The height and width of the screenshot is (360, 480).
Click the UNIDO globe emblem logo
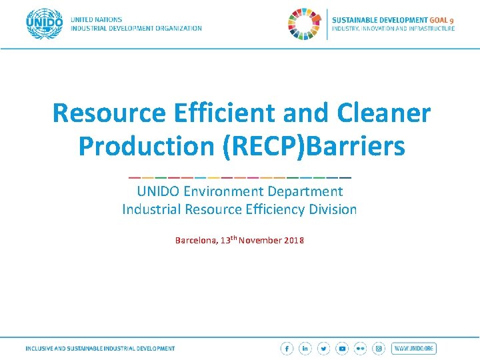pyautogui.click(x=45, y=24)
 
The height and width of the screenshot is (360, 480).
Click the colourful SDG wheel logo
pyautogui.click(x=305, y=24)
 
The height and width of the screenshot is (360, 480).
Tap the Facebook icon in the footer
pyautogui.click(x=287, y=349)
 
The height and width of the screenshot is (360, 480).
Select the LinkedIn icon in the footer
pyautogui.click(x=305, y=349)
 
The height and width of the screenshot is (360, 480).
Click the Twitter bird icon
pyautogui.click(x=324, y=349)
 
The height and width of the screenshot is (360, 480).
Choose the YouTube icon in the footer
pyautogui.click(x=342, y=349)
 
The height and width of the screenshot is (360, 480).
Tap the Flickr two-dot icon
pyautogui.click(x=361, y=349)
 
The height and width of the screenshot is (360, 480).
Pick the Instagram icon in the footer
pyautogui.click(x=379, y=349)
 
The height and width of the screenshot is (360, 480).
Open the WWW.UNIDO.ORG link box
pyautogui.click(x=414, y=349)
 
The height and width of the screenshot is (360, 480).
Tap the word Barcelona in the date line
pyautogui.click(x=195, y=240)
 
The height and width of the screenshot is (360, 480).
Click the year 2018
pyautogui.click(x=293, y=240)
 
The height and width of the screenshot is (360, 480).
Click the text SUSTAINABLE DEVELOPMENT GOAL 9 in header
pyautogui.click(x=393, y=20)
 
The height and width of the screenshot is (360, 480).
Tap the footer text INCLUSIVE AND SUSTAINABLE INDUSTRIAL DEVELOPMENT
pyautogui.click(x=100, y=349)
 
